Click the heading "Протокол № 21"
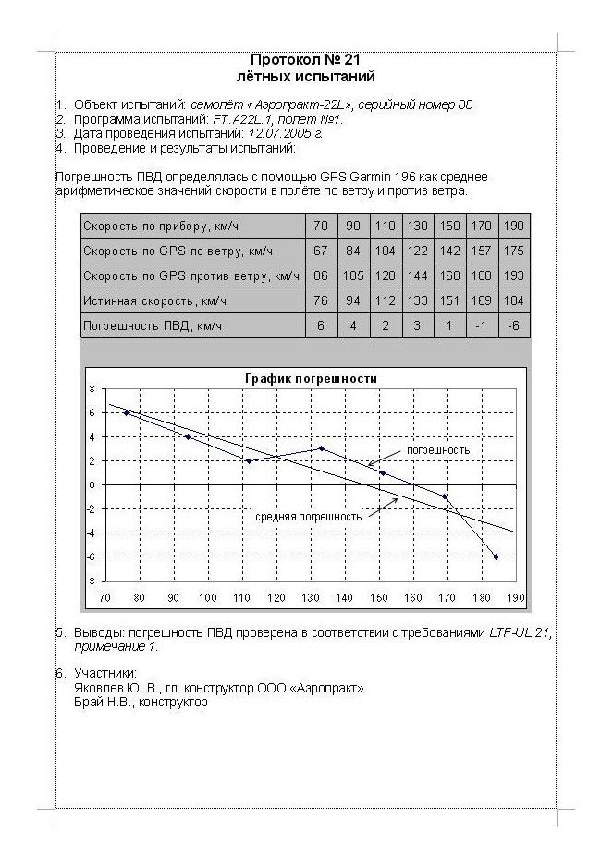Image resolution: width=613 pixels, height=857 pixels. click(304, 61)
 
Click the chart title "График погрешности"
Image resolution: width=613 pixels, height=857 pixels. click(310, 378)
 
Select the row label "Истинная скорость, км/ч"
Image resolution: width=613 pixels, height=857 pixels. click(154, 300)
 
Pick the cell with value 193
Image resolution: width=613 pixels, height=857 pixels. click(514, 275)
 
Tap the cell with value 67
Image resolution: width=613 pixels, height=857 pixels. click(321, 251)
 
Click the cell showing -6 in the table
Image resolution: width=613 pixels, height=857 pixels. click(514, 325)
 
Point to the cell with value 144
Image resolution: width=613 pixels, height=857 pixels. click(417, 275)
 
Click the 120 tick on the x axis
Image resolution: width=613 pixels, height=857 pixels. click(276, 597)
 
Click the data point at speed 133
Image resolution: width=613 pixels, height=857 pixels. click(321, 448)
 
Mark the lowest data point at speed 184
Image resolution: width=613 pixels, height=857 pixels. click(496, 557)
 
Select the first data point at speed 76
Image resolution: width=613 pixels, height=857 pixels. click(127, 412)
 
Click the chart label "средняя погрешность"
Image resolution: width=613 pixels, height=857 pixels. click(308, 517)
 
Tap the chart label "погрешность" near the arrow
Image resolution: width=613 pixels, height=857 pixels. click(437, 450)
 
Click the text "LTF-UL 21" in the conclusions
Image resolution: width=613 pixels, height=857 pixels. click(521, 633)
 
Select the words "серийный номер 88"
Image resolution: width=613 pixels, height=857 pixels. click(416, 104)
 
